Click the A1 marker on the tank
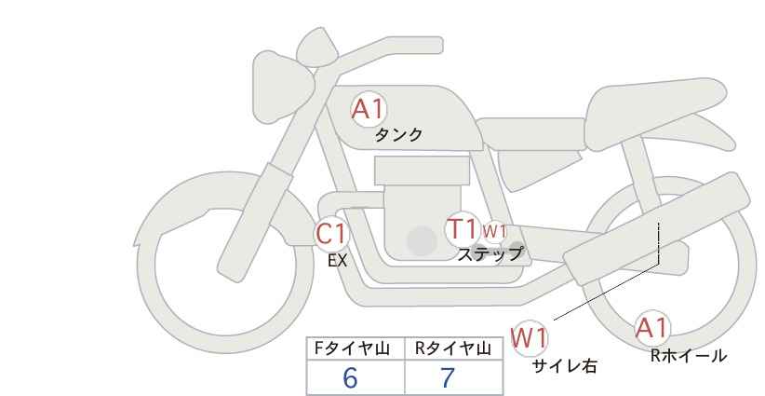pos(369,110)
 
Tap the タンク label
pos(398,135)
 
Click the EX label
pos(337,261)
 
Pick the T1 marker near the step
pos(462,228)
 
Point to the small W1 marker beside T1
pos(494,231)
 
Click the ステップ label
pos(490,253)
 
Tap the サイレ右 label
pos(564,366)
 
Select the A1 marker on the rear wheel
pos(652,328)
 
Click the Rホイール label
pos(688,355)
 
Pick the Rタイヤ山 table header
pos(452,348)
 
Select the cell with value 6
pos(351,377)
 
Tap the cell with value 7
pos(448,377)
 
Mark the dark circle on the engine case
pos(422,241)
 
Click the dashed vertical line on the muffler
pos(659,242)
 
